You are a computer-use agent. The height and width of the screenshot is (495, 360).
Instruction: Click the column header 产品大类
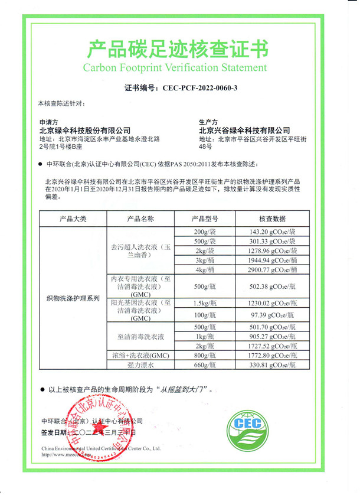pos(73,219)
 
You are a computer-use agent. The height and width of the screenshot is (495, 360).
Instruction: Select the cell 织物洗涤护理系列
pos(73,298)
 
